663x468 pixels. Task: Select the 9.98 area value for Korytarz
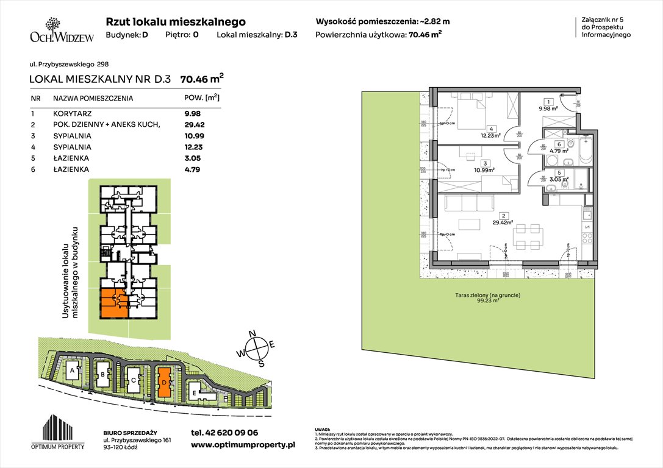193,113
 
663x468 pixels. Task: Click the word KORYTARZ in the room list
70,113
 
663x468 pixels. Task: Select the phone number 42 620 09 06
224,432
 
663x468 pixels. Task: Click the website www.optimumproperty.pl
242,445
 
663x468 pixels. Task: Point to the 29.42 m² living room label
503,222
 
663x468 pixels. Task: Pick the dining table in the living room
528,236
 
